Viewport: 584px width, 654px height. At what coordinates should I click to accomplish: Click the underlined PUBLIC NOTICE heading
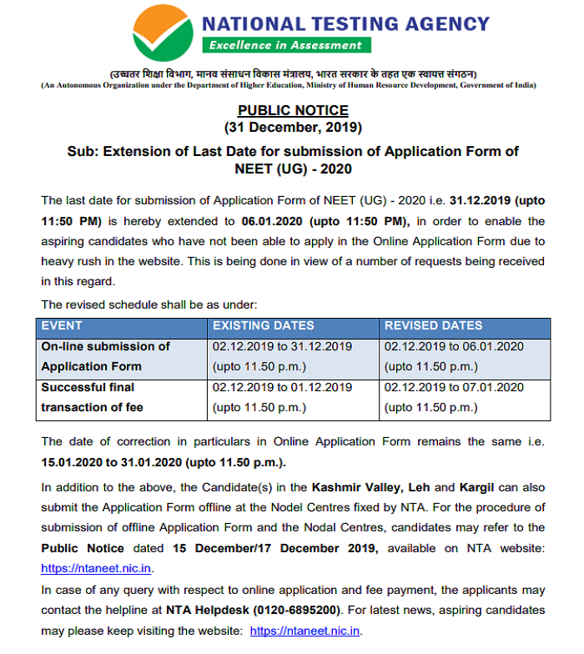(293, 110)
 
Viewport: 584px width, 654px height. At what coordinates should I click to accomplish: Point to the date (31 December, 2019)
(293, 128)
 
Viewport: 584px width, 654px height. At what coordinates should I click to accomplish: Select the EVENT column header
(63, 326)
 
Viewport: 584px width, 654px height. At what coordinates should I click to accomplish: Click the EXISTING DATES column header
(264, 326)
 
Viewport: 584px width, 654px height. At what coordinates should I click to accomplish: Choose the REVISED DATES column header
(433, 326)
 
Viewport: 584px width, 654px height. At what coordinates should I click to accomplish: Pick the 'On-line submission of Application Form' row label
(105, 356)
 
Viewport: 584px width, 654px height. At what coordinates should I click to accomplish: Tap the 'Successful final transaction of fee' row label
(93, 397)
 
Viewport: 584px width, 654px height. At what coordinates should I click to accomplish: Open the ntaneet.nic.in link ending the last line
(305, 631)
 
